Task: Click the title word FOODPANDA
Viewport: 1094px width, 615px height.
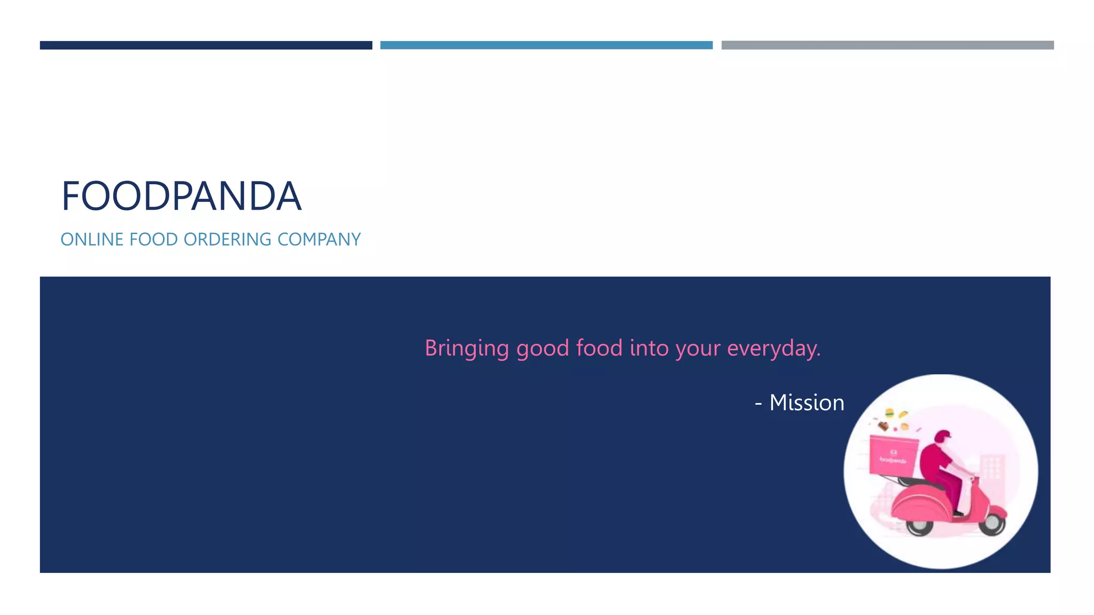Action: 181,196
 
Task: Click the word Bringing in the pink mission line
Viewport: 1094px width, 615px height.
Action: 466,349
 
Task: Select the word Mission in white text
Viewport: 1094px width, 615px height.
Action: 807,403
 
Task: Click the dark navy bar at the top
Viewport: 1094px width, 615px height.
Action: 206,45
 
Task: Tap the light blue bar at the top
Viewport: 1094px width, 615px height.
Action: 546,45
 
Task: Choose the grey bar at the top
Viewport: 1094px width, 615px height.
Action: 887,45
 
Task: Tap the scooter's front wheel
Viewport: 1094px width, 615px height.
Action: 992,523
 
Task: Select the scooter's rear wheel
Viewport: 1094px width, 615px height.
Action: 919,526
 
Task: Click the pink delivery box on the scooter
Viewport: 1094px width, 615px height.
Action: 893,455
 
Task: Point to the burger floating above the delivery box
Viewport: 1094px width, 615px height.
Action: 889,413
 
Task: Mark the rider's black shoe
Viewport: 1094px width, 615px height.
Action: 958,513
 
